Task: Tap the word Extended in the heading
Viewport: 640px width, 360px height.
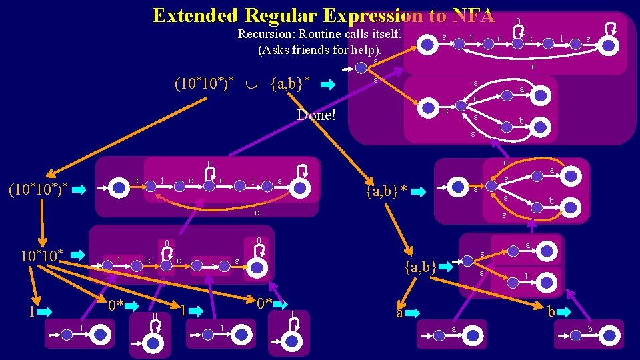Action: [196, 15]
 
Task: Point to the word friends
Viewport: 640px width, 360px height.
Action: [313, 50]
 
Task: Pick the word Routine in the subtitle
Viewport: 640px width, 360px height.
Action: [322, 34]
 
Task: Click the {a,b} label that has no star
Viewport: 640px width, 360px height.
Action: [421, 268]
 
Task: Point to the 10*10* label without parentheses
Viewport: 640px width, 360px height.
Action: [42, 255]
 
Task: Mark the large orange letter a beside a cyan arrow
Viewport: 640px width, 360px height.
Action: [399, 313]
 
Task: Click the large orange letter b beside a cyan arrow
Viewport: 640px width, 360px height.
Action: [551, 312]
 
